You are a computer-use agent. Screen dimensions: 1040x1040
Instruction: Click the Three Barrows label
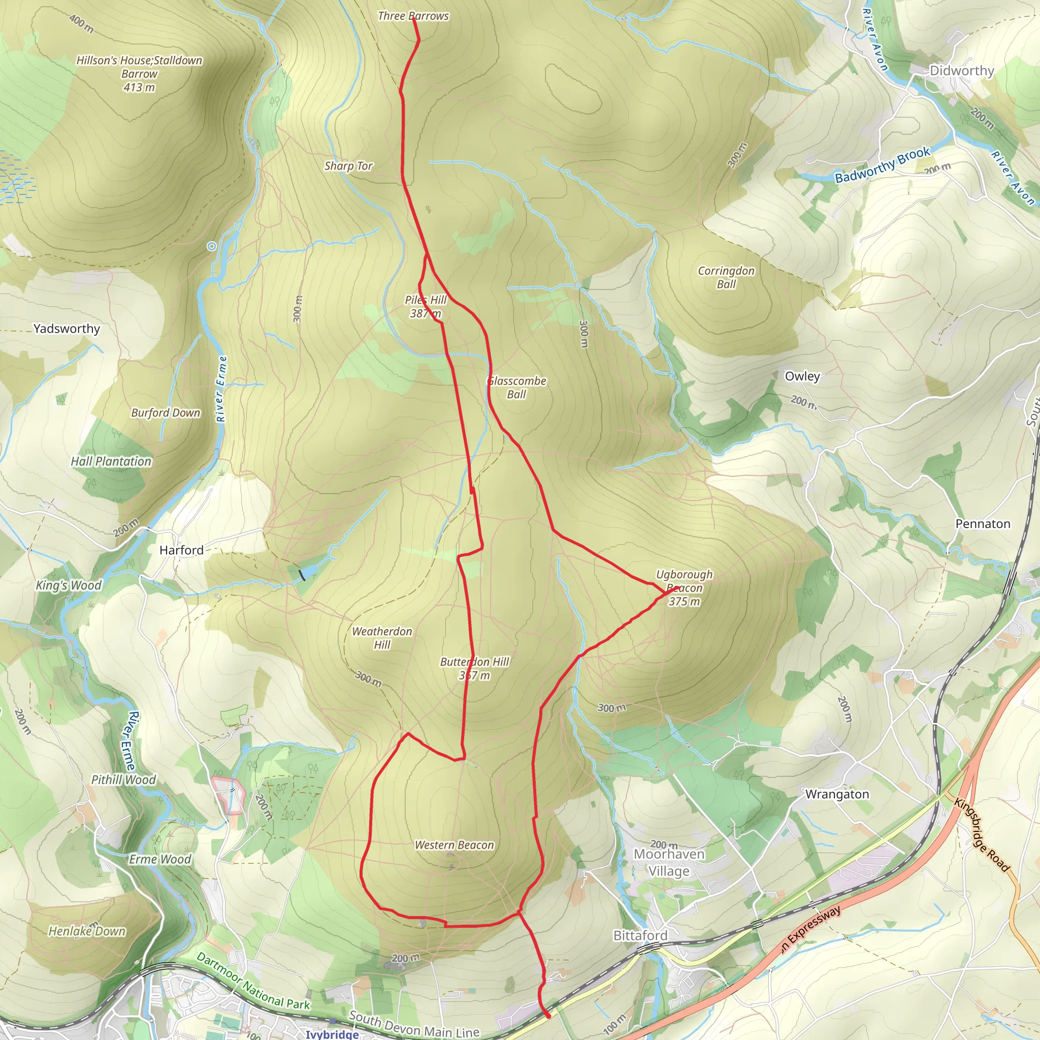(x=413, y=16)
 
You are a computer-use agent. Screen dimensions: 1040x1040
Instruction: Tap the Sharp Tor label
(x=348, y=167)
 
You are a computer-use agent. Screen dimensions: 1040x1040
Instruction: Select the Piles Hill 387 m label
(x=425, y=307)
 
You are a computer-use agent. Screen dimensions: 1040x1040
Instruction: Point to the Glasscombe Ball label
(x=517, y=387)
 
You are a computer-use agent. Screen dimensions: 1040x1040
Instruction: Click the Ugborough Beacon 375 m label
(x=684, y=588)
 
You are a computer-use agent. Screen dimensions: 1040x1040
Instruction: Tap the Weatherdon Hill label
(x=382, y=638)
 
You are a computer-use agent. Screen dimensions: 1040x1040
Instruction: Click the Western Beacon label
(x=454, y=845)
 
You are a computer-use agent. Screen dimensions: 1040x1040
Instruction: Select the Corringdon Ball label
(x=726, y=277)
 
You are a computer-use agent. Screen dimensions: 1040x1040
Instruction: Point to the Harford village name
(x=181, y=550)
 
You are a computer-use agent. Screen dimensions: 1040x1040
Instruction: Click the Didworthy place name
(x=962, y=71)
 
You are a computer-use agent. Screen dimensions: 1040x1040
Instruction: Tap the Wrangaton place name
(x=837, y=795)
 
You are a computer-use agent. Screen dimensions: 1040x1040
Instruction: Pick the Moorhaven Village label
(x=669, y=862)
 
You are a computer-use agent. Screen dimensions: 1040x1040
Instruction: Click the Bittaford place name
(x=640, y=935)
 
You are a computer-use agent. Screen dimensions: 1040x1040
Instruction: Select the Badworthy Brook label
(x=882, y=165)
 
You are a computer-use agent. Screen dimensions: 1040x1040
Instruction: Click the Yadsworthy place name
(x=67, y=329)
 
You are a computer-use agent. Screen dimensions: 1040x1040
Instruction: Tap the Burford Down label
(x=166, y=413)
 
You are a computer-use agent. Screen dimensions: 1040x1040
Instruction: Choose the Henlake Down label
(x=87, y=931)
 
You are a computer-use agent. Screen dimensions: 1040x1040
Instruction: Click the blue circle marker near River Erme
(x=212, y=246)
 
